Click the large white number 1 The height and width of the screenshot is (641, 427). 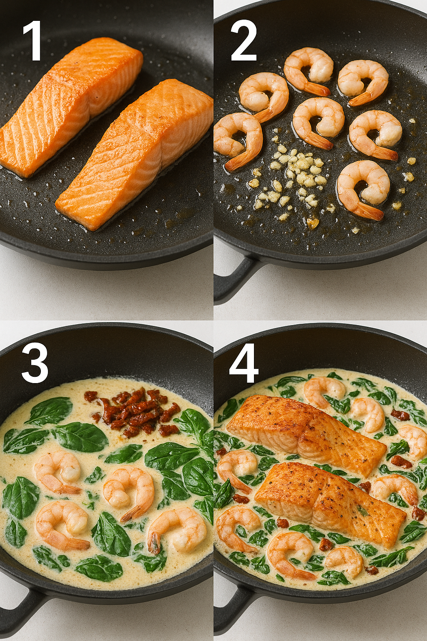33,40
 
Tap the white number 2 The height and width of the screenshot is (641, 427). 244,40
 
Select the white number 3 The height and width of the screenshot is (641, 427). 35,363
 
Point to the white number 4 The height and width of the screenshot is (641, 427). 244,363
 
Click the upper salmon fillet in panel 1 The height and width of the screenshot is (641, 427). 69,107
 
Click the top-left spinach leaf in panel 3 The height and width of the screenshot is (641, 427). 49,411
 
